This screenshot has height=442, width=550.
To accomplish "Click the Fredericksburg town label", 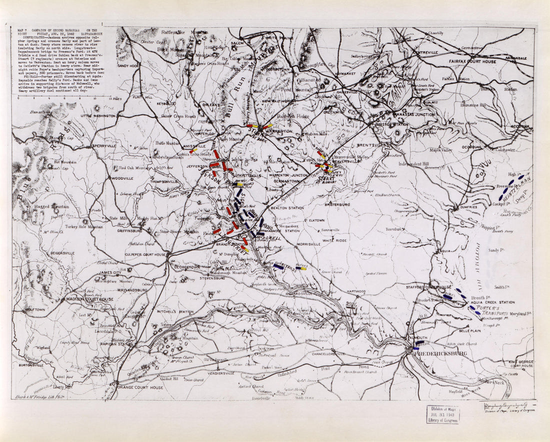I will point(439,353).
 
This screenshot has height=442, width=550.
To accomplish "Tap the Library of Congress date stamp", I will point(442,414).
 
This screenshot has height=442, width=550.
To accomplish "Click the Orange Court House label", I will point(139,387).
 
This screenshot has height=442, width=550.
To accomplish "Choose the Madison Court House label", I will point(90,299).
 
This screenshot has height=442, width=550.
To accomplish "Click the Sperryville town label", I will point(104,146).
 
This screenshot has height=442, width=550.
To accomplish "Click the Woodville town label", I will point(121,178).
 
